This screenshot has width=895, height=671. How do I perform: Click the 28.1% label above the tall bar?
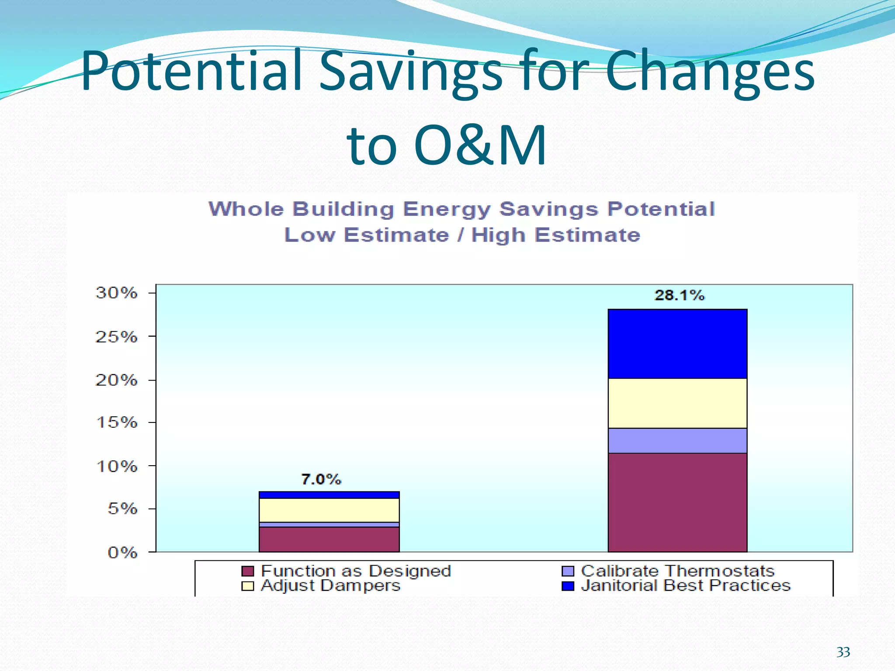tap(679, 296)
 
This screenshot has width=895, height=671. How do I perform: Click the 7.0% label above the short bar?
tap(321, 480)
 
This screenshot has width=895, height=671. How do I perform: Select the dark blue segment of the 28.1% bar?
tap(677, 344)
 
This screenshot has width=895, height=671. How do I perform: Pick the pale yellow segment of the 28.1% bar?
tap(677, 403)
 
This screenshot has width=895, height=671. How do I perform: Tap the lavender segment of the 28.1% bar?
tap(677, 441)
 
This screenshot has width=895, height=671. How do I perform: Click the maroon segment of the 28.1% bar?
tap(677, 502)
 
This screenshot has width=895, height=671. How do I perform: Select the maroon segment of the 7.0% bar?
tap(329, 540)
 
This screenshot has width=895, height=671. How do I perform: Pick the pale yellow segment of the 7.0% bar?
tap(329, 510)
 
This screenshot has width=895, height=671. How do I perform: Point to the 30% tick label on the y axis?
tap(116, 293)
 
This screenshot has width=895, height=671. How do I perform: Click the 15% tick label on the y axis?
tap(116, 422)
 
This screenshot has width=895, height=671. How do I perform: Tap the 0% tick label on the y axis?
tap(122, 553)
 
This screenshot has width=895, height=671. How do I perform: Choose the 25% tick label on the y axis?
tap(116, 337)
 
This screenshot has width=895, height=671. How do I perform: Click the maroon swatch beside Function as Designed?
tap(248, 571)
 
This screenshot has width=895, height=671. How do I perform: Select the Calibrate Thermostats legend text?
tap(677, 571)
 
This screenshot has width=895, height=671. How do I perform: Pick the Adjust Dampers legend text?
tap(330, 585)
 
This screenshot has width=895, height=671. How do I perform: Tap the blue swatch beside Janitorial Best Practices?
tap(568, 585)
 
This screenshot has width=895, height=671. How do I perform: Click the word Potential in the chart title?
tap(661, 209)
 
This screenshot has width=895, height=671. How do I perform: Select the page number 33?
tap(843, 652)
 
